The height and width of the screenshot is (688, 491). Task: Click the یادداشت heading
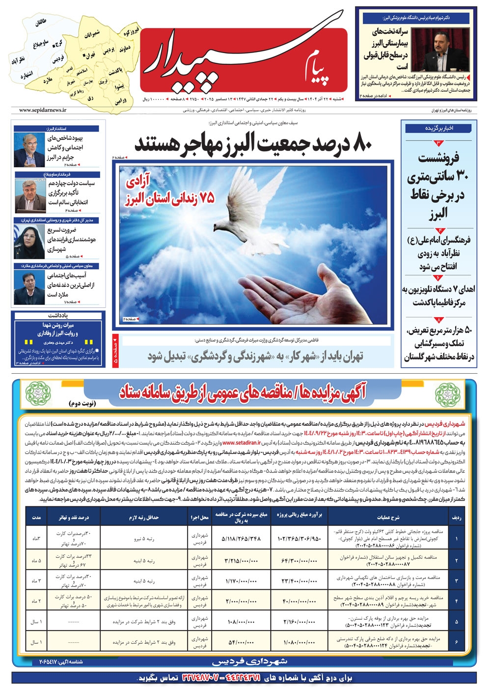coord(57,315)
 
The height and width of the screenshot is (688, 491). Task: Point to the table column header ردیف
coord(456,517)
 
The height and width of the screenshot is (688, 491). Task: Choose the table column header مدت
coord(36,517)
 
